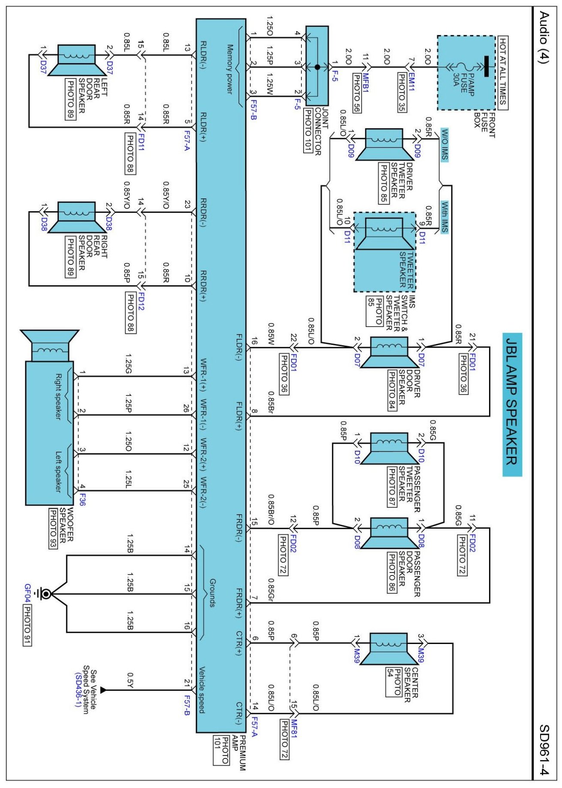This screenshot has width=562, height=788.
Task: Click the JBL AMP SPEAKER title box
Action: [512, 404]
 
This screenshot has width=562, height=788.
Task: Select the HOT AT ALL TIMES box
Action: [503, 72]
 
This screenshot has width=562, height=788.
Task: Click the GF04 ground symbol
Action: [45, 594]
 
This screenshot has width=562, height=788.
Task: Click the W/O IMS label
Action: [445, 144]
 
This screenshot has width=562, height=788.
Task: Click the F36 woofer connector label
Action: [82, 500]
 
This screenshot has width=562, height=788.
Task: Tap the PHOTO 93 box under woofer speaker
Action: [53, 528]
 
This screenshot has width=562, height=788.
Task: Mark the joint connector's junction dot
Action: [317, 67]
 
